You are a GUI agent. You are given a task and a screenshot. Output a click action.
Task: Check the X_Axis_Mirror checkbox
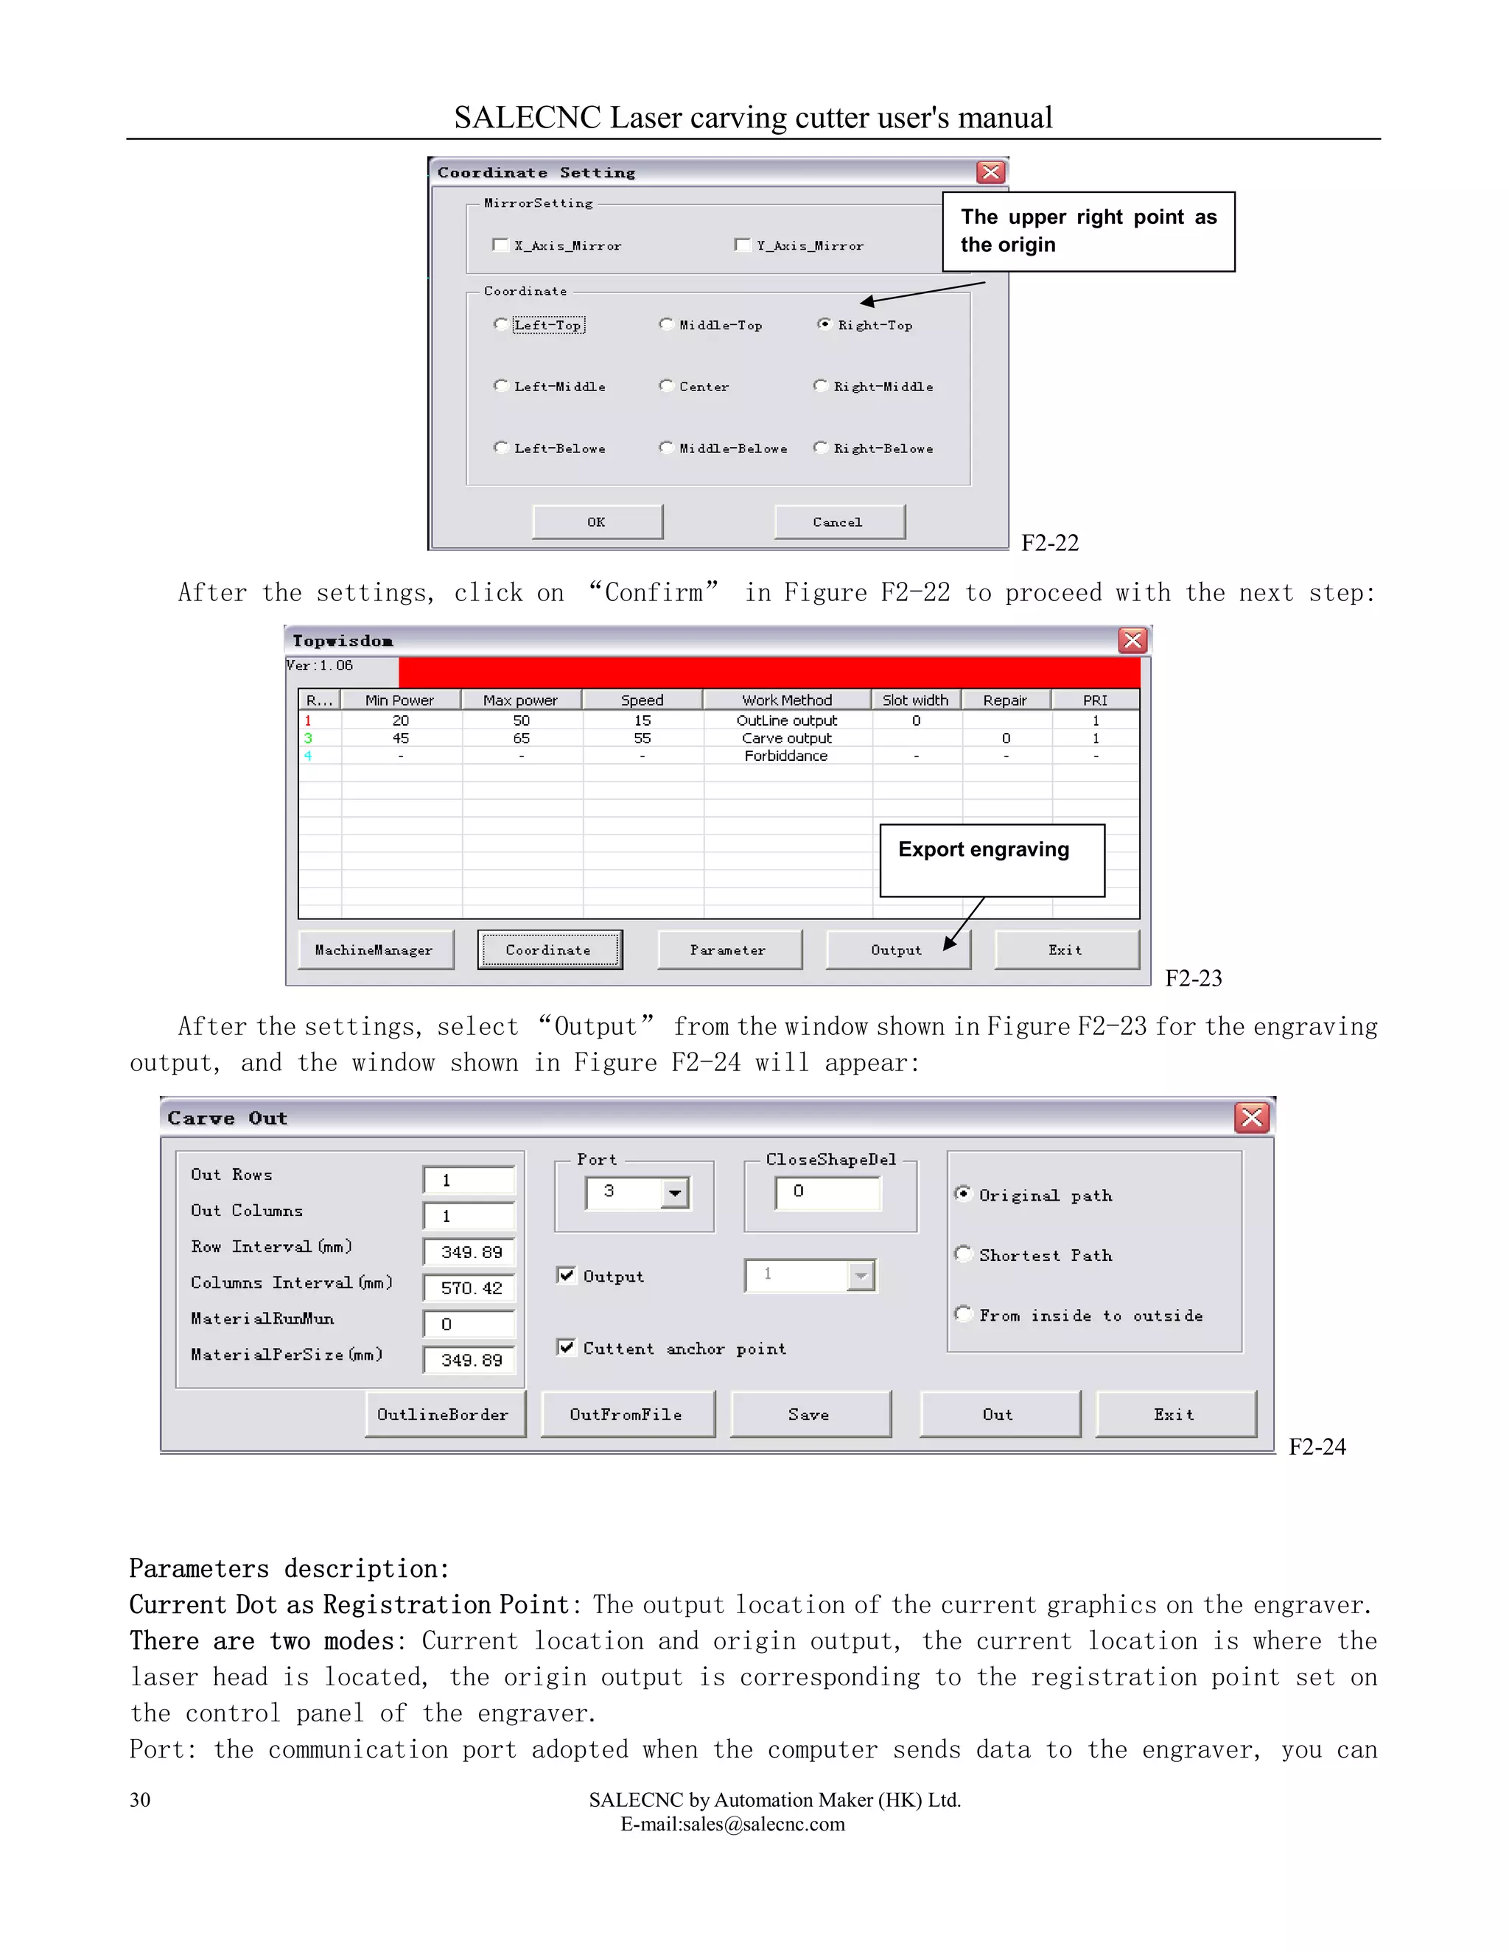pos(500,245)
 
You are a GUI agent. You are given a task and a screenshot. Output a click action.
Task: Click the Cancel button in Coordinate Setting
pos(838,522)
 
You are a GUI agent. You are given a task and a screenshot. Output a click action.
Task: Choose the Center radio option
pos(666,386)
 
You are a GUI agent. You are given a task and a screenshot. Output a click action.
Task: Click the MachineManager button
pos(374,950)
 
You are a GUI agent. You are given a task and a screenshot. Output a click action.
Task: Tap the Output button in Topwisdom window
pos(897,950)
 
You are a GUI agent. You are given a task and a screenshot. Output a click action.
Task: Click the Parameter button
pos(729,950)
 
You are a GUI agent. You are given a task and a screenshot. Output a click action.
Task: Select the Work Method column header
pos(787,700)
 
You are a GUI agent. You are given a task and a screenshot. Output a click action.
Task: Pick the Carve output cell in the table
pos(787,738)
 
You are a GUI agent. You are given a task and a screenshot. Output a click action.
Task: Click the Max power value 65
pos(521,738)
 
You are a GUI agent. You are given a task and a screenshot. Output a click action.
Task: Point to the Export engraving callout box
pos(992,860)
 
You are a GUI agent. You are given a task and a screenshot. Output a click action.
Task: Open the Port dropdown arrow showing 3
pos(675,1193)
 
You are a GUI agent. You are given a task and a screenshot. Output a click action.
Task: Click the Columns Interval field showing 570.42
pos(470,1288)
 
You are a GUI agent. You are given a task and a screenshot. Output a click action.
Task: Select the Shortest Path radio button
pos(963,1254)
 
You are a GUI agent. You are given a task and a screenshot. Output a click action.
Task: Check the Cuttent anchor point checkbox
pos(566,1347)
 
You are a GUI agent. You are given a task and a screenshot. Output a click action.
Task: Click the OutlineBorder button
pos(444,1414)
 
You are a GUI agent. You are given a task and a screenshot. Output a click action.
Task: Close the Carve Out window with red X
pos(1252,1117)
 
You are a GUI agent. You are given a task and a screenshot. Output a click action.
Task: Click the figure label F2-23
pos(1193,979)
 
